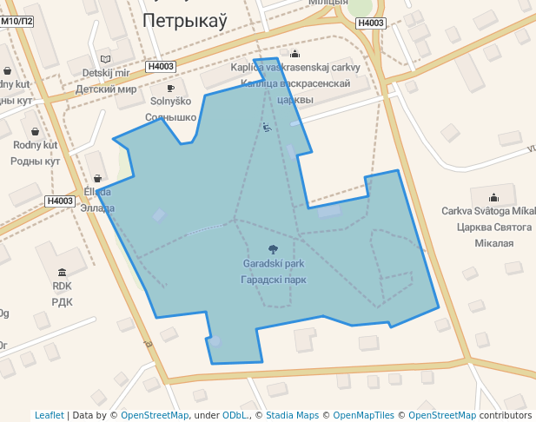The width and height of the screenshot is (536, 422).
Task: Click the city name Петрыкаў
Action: [189, 20]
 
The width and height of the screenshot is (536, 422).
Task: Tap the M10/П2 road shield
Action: [17, 21]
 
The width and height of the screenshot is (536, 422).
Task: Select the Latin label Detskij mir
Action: [105, 73]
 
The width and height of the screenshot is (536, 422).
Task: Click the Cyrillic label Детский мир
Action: [106, 89]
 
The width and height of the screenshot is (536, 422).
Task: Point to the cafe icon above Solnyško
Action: [170, 88]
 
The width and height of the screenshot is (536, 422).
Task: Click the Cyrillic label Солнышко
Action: [170, 116]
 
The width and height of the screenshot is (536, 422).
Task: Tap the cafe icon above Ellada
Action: [97, 178]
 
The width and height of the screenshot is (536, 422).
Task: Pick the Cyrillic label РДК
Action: [62, 302]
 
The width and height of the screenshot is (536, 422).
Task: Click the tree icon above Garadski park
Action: [273, 249]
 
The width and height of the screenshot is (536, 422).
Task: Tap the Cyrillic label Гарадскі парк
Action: [273, 280]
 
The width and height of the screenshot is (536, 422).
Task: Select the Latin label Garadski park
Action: [273, 263]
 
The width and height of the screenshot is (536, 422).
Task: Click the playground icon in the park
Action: [267, 128]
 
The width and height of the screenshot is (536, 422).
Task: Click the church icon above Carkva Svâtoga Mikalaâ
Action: [494, 196]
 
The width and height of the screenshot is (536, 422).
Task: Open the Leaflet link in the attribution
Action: [50, 416]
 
